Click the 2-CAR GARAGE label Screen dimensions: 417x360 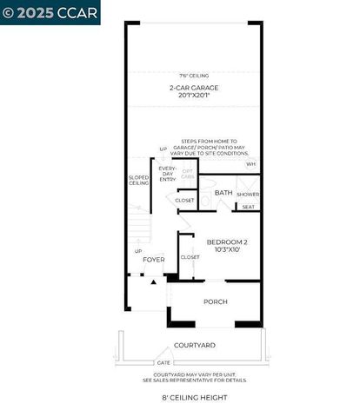pos(194,88)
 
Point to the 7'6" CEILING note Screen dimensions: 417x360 pos(194,76)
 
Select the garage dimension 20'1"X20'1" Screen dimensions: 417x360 pos(194,97)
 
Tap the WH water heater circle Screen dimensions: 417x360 pos(251,163)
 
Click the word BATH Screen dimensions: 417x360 pos(223,193)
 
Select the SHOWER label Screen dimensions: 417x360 pos(248,194)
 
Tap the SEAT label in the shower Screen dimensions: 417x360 pos(248,207)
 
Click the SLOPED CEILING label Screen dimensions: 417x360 pos(138,181)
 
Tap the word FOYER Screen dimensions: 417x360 pos(154,259)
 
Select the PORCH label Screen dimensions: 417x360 pos(215,301)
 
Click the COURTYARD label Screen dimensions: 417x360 pos(194,345)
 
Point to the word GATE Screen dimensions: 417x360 pos(163,362)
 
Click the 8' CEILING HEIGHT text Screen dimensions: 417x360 pos(194,397)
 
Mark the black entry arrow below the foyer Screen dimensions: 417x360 pos(154,282)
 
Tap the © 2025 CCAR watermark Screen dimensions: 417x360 pos(50,12)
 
